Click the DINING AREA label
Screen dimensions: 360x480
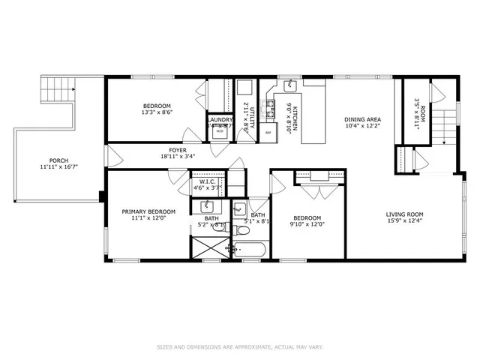coord(363,119)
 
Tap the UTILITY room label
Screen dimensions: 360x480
coord(253,118)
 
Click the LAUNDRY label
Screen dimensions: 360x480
coord(220,119)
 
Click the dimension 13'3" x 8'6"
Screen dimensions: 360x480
coord(157,112)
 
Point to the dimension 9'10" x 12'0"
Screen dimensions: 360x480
coord(307,223)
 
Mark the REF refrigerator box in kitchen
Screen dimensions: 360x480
coord(268,133)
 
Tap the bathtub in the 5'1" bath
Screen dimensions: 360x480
coord(250,248)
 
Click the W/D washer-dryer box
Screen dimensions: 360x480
coord(220,132)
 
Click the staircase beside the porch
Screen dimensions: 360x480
coord(58,92)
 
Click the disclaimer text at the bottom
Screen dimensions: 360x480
coord(239,346)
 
